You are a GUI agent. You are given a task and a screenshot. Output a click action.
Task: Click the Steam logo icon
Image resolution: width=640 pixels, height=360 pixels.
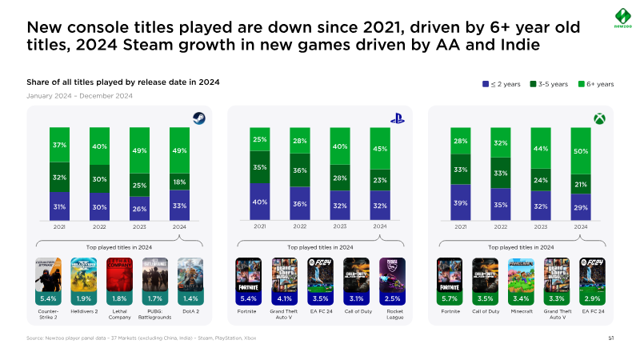(x=198, y=118)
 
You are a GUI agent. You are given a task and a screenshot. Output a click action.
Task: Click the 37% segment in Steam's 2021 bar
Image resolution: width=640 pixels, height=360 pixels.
(x=60, y=145)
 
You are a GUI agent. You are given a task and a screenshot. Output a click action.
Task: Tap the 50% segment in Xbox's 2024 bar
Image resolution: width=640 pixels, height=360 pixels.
(x=580, y=150)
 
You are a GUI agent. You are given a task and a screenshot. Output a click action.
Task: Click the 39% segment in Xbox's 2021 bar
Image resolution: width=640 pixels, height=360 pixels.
(x=461, y=203)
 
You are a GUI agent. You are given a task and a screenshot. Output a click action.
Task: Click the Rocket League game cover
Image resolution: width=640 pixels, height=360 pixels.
(x=392, y=276)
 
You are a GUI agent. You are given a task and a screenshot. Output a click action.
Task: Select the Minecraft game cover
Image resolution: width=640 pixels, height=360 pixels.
(x=522, y=276)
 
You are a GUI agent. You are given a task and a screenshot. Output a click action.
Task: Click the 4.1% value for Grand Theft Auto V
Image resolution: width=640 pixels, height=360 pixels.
(x=285, y=298)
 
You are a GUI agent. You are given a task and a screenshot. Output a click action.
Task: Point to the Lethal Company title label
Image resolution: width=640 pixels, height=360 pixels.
(x=119, y=314)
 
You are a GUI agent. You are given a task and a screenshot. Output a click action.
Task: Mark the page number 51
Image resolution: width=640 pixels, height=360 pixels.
(x=610, y=339)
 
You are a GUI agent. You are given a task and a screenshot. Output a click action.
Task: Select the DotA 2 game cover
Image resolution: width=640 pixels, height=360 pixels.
(x=190, y=276)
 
